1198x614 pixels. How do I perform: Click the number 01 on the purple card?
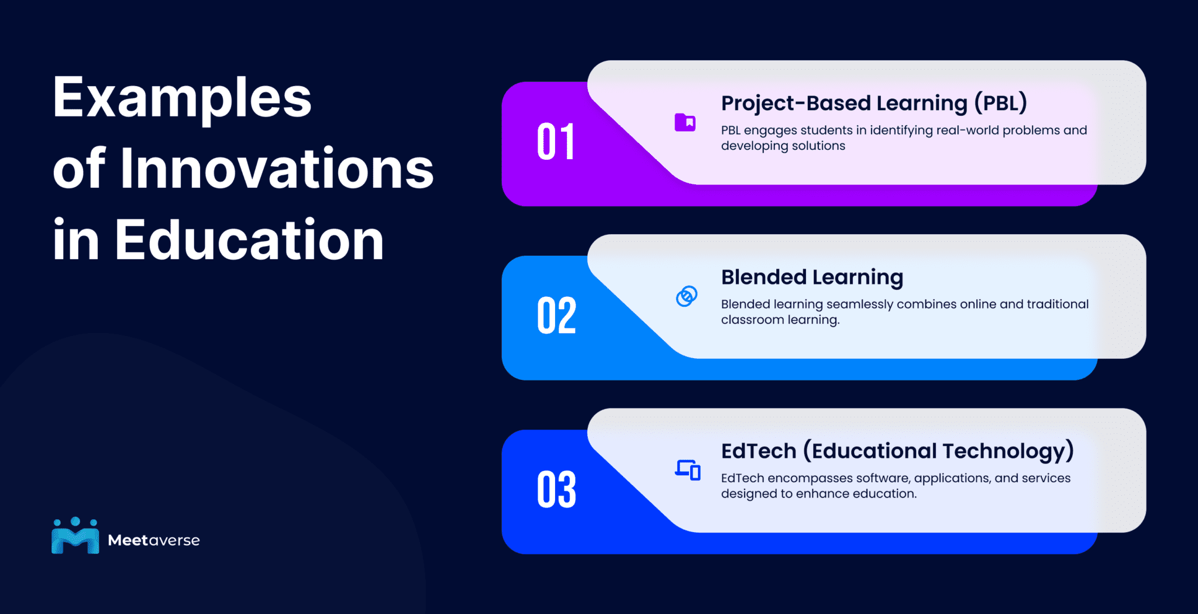(556, 142)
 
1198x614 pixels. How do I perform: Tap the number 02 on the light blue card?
(556, 315)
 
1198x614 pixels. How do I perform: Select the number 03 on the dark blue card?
(556, 489)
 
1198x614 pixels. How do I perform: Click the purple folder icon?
(685, 122)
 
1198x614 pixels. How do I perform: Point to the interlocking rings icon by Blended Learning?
(686, 296)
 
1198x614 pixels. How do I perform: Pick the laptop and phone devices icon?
(687, 470)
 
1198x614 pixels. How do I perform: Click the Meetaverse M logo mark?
(75, 536)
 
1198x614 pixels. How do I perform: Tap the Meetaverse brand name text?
(154, 540)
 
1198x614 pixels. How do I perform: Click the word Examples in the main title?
(182, 98)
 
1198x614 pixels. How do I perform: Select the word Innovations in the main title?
(277, 169)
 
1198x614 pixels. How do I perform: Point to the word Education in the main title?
(249, 240)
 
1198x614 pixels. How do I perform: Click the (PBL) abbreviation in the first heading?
(1000, 103)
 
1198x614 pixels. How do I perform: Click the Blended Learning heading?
(812, 277)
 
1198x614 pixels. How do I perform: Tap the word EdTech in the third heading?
(759, 451)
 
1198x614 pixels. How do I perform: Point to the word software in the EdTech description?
(883, 478)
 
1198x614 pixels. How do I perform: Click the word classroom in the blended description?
(752, 320)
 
